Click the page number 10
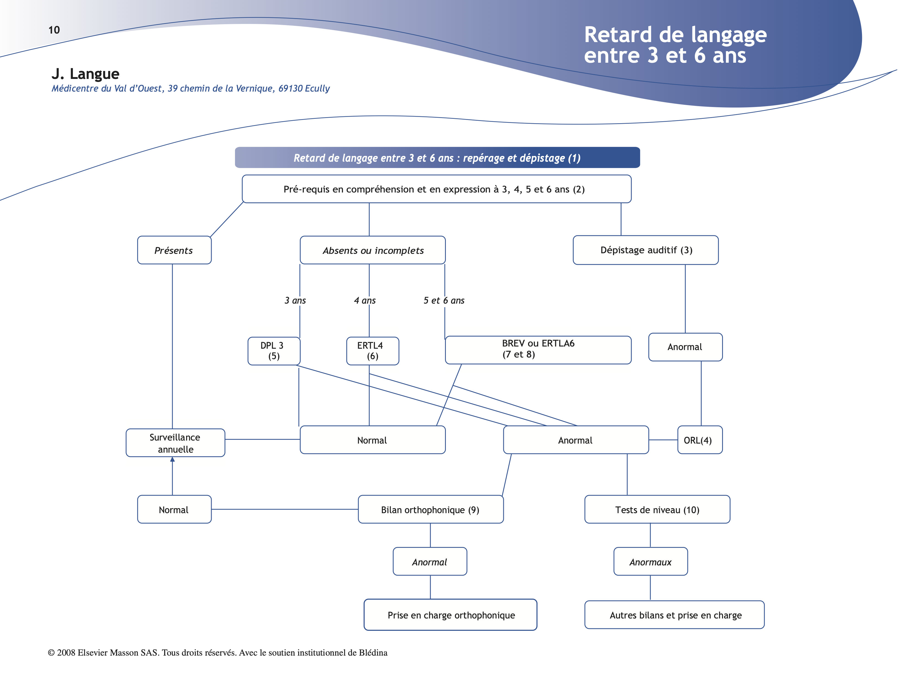[54, 30]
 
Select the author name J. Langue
[85, 74]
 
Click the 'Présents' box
[174, 250]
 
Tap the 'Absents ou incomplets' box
[373, 250]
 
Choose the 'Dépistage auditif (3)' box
[646, 250]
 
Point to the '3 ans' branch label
[295, 301]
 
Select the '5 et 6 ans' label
[444, 301]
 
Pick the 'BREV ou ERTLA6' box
[538, 350]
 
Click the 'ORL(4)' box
[700, 440]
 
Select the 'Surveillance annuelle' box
[175, 443]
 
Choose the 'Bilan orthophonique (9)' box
[430, 510]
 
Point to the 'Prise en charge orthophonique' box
[451, 615]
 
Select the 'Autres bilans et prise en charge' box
[675, 615]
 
